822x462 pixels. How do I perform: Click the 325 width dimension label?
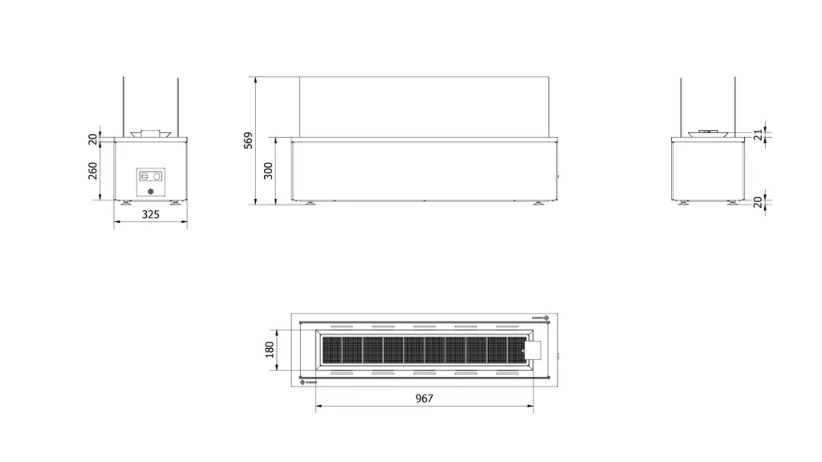point(150,215)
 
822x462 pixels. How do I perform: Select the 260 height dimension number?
point(92,170)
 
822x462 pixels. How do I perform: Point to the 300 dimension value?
point(269,171)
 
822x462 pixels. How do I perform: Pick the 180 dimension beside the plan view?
point(270,350)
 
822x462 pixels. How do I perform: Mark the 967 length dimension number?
point(425,399)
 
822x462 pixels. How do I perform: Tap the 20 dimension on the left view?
point(92,138)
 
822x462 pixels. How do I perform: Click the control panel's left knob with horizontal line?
point(144,175)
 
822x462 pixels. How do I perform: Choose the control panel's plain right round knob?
point(157,175)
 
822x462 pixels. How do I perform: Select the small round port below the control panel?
point(151,192)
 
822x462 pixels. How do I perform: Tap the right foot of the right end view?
point(732,202)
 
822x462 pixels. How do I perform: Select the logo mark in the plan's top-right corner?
point(537,318)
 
